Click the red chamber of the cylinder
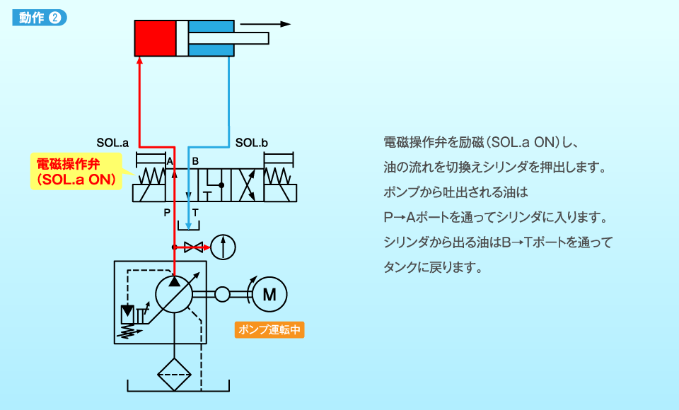click(x=155, y=38)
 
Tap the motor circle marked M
click(x=269, y=293)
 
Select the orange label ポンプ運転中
click(x=270, y=329)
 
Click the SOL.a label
click(x=112, y=143)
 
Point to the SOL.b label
click(x=252, y=143)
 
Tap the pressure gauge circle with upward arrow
click(x=224, y=247)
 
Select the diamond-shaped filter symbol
click(x=174, y=374)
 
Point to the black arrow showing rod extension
click(x=265, y=24)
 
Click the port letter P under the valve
click(x=167, y=212)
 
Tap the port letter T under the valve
click(x=195, y=212)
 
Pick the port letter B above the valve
click(x=195, y=161)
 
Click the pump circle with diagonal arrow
click(x=174, y=293)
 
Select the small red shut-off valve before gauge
click(x=193, y=247)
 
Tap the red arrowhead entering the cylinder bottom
click(x=140, y=61)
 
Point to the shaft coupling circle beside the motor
click(x=223, y=293)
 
